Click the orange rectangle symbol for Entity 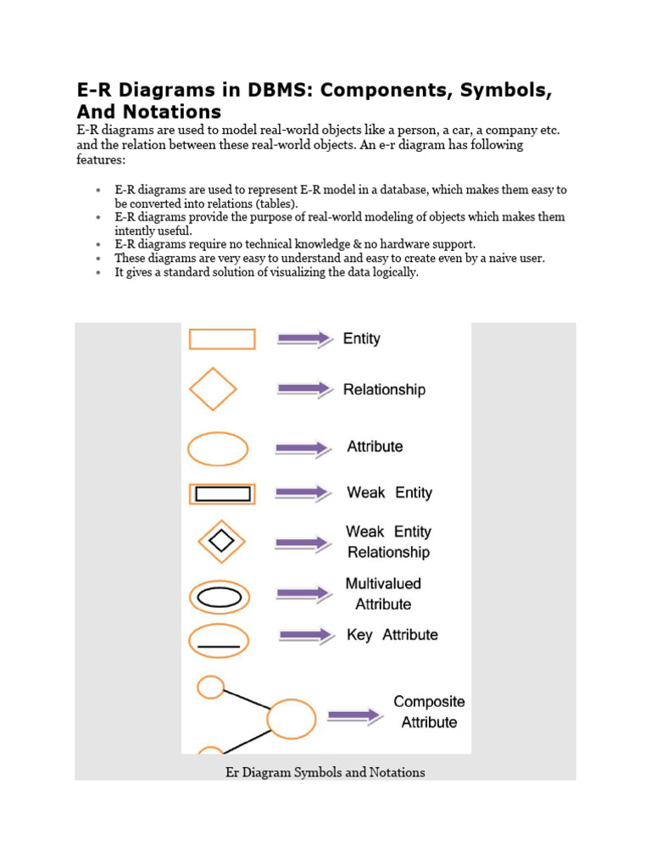coord(221,339)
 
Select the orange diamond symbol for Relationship coord(213,389)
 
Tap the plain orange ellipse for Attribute coord(218,448)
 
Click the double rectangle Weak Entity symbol coord(222,493)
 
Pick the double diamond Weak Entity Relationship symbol coord(221,542)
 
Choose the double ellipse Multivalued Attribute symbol coord(219,597)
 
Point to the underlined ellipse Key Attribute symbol coord(219,641)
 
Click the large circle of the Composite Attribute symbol coord(291,719)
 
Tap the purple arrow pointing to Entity coord(304,339)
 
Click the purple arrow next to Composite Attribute coord(354,715)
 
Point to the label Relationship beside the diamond coord(384,390)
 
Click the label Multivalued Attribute coord(382,594)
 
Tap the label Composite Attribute coord(429,712)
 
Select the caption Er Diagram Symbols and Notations coord(325,772)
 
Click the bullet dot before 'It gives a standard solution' coord(99,273)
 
